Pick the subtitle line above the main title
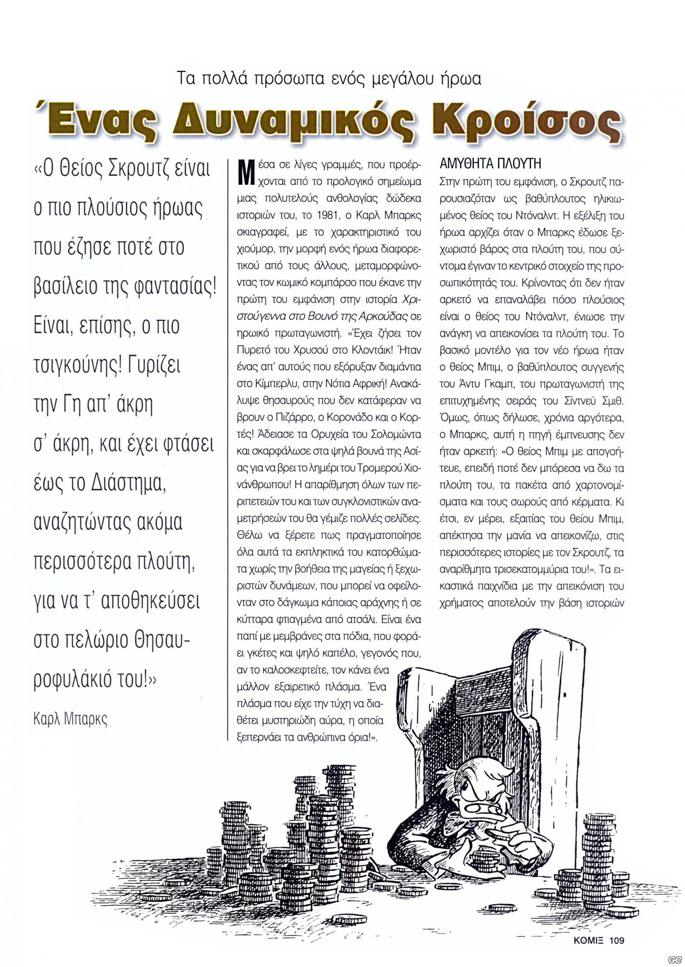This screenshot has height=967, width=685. coord(330,78)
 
